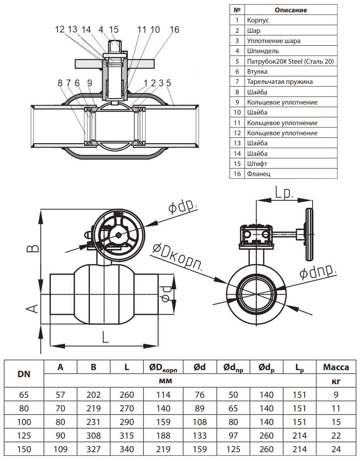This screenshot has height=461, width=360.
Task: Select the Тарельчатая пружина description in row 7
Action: [280, 82]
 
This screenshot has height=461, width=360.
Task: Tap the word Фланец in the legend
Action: [259, 174]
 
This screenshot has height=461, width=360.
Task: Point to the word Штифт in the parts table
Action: [257, 164]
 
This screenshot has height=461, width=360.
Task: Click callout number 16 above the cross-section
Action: [174, 29]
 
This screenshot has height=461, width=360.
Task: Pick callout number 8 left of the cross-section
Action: [60, 83]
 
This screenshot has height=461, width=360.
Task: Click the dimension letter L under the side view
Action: [105, 337]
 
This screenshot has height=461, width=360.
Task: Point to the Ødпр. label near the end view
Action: [318, 271]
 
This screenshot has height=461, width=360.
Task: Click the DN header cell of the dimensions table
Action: [24, 374]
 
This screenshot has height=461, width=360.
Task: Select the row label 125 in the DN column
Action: [24, 436]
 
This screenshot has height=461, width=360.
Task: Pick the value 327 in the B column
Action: [94, 449]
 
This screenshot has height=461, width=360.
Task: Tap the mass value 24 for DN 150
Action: [336, 449]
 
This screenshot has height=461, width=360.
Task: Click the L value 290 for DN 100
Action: [127, 422]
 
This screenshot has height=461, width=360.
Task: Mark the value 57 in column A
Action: [61, 395]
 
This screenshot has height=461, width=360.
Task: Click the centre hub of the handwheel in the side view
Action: [119, 235]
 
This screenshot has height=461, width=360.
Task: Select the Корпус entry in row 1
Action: [258, 20]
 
